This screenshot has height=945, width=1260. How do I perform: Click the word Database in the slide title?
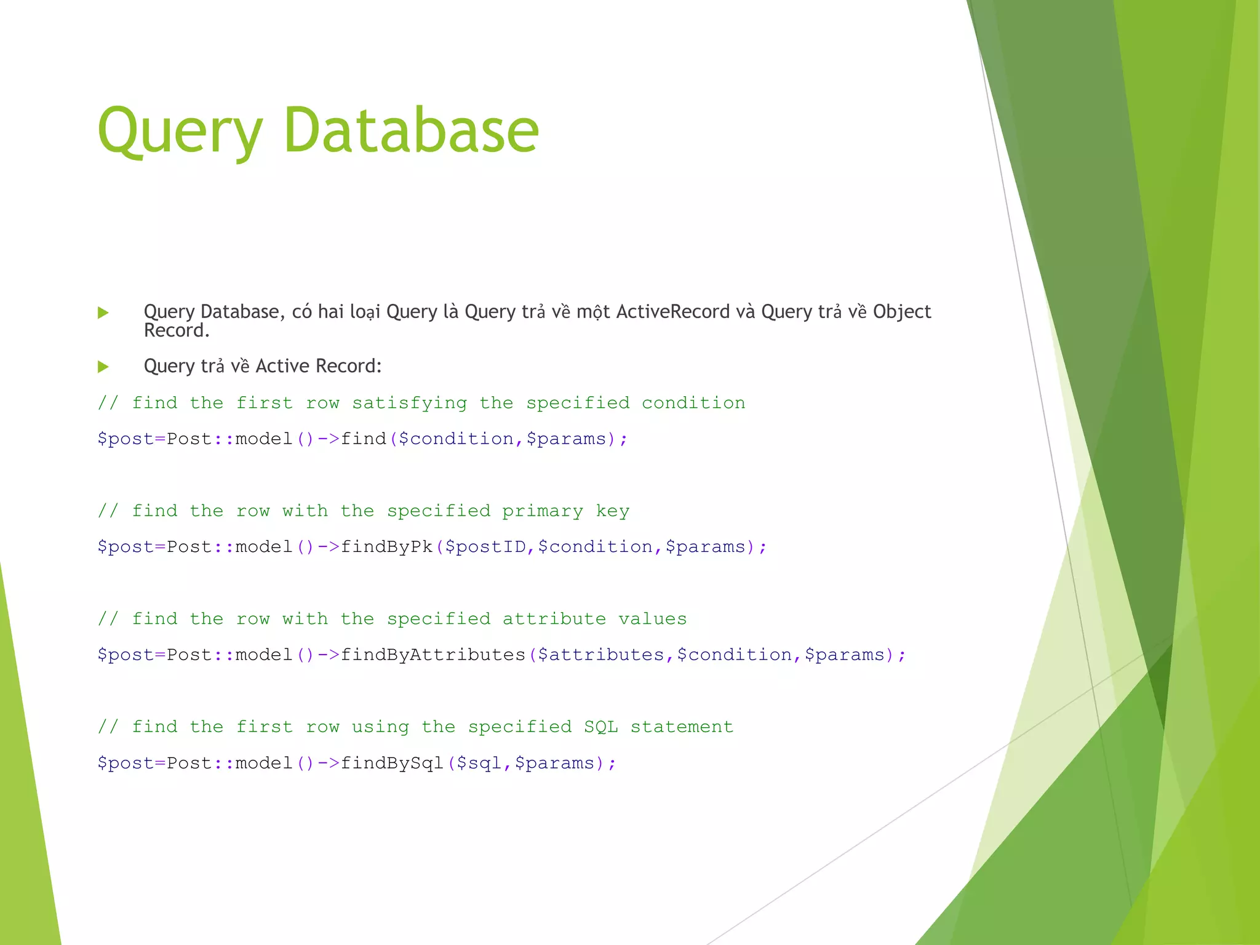411,130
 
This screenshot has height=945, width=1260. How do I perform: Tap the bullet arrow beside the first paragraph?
103,313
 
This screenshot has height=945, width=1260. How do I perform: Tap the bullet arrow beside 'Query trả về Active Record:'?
103,367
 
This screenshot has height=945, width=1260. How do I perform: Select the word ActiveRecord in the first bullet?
672,312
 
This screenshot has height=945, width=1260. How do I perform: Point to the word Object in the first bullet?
901,312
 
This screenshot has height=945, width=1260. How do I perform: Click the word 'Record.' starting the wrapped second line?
177,331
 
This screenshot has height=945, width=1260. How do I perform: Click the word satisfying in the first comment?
409,403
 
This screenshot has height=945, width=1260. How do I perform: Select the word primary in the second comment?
542,511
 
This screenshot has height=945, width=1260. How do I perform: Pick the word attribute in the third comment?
554,619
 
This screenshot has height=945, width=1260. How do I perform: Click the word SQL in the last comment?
600,727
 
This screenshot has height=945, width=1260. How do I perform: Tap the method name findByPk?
386,547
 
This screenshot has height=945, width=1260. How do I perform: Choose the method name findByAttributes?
433,655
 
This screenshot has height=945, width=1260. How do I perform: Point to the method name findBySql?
392,763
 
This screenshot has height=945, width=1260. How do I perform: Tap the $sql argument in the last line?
479,764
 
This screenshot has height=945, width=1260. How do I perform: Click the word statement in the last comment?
682,727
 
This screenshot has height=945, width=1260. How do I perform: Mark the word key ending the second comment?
612,511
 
